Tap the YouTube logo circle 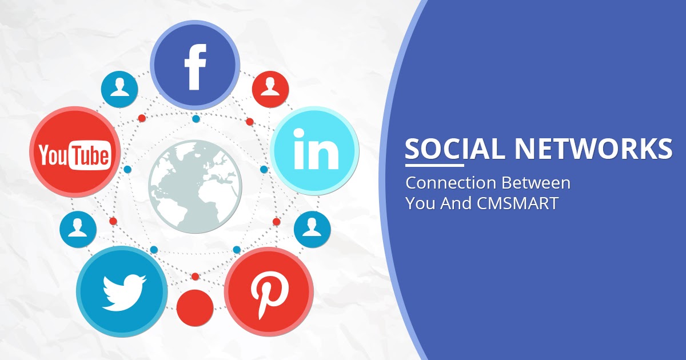pos(74,153)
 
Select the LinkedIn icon pos(314,150)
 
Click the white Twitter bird pos(122,291)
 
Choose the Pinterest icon pos(269,291)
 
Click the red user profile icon pos(269,89)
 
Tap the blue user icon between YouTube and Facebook pos(119,89)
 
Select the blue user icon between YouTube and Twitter pos(78,229)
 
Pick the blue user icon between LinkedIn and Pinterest pos(312,229)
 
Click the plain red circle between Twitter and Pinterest pos(194,307)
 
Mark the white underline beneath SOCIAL pos(434,165)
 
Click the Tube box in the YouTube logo pos(90,155)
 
